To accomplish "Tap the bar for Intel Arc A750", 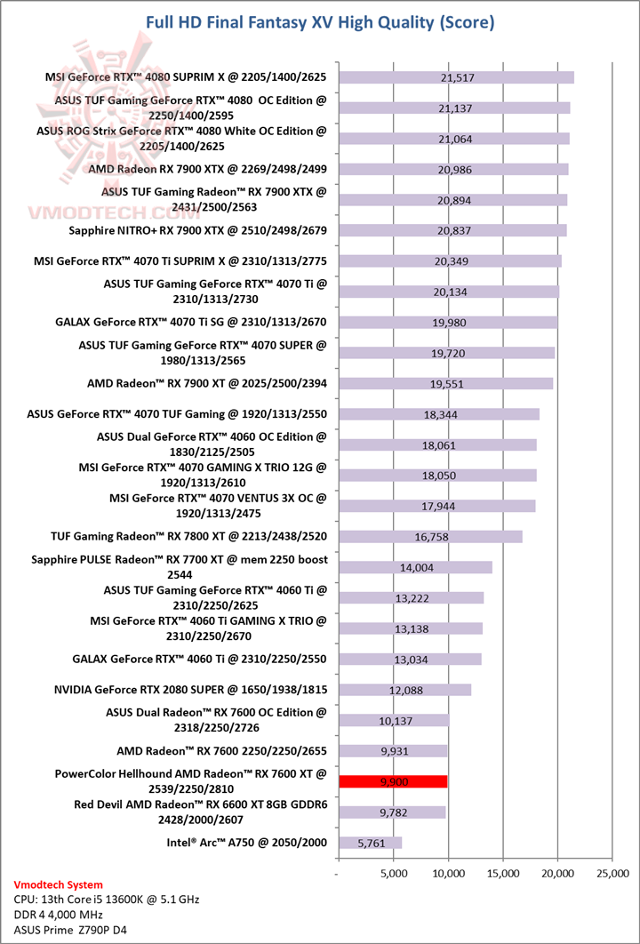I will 370,842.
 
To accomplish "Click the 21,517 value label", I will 457,78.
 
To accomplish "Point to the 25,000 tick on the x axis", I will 612,874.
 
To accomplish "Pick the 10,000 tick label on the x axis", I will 447,874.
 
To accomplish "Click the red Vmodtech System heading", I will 59,884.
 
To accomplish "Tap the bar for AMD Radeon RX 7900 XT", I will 445,383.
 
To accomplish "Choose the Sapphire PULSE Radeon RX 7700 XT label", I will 180,566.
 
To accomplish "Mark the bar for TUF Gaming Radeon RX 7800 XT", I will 430,536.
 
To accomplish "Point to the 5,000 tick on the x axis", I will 393,874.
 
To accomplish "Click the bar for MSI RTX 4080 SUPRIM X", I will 456,77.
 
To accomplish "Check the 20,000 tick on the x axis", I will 556,874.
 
